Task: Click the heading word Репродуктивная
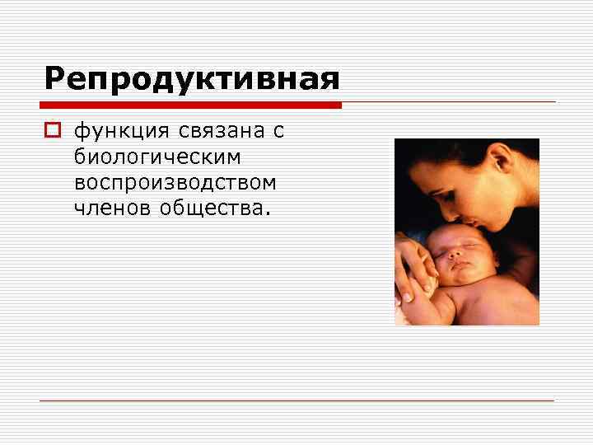click(x=191, y=80)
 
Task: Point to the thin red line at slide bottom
click(x=296, y=400)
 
